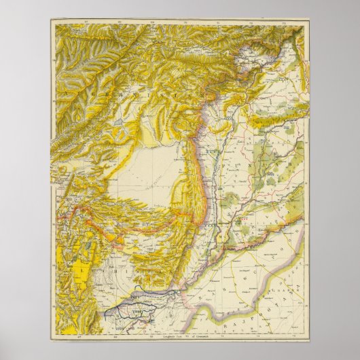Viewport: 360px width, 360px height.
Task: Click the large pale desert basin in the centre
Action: pos(146,177)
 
